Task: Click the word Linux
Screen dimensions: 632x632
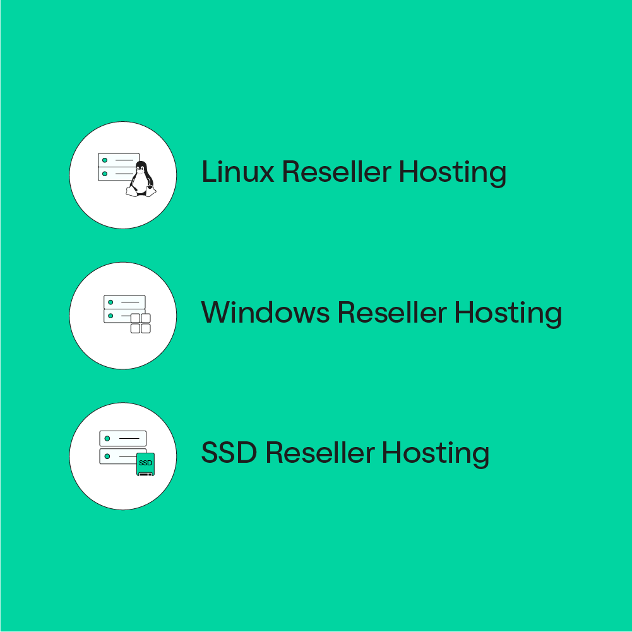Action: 237,172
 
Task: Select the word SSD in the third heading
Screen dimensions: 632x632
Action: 229,453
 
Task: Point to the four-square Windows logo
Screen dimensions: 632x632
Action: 140,323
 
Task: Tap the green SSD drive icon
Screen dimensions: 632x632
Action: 146,464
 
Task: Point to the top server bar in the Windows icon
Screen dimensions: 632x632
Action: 124,302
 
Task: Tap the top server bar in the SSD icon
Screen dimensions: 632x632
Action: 123,438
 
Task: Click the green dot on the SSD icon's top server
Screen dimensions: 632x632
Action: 108,438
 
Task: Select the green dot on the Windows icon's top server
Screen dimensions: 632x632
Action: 110,302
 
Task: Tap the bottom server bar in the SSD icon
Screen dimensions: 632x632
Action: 117,456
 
